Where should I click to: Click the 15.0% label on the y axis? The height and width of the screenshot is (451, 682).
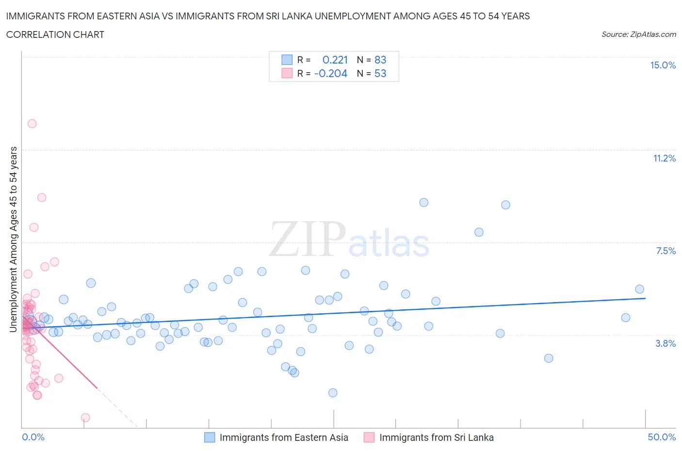tap(663, 65)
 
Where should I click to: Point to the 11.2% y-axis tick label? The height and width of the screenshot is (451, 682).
tap(664, 158)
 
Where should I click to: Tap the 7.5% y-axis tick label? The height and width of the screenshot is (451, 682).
tap(666, 251)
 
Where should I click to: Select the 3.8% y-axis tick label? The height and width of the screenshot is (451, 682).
tap(666, 343)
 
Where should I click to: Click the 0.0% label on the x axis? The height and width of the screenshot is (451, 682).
tap(33, 437)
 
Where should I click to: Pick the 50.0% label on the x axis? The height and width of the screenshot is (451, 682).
tap(662, 437)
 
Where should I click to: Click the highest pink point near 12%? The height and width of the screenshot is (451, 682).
tap(32, 124)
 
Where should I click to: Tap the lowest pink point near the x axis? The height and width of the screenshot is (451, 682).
tap(85, 418)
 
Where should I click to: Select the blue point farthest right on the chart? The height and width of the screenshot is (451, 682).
tap(639, 289)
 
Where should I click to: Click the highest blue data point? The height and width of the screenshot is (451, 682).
tap(423, 202)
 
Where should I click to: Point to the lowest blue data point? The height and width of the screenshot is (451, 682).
tap(333, 393)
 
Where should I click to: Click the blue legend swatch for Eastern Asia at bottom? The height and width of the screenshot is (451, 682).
tap(210, 437)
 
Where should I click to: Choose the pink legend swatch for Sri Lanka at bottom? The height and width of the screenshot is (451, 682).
tap(369, 437)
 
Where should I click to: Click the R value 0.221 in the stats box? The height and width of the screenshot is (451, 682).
tap(335, 60)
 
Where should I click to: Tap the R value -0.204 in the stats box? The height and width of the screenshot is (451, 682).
tap(330, 73)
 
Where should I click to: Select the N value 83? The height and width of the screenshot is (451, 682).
tap(380, 60)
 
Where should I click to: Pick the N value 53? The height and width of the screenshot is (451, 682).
tap(380, 73)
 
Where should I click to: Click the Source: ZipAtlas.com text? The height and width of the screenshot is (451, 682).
tap(638, 34)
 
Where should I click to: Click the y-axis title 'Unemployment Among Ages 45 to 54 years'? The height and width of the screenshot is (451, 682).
tap(13, 239)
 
